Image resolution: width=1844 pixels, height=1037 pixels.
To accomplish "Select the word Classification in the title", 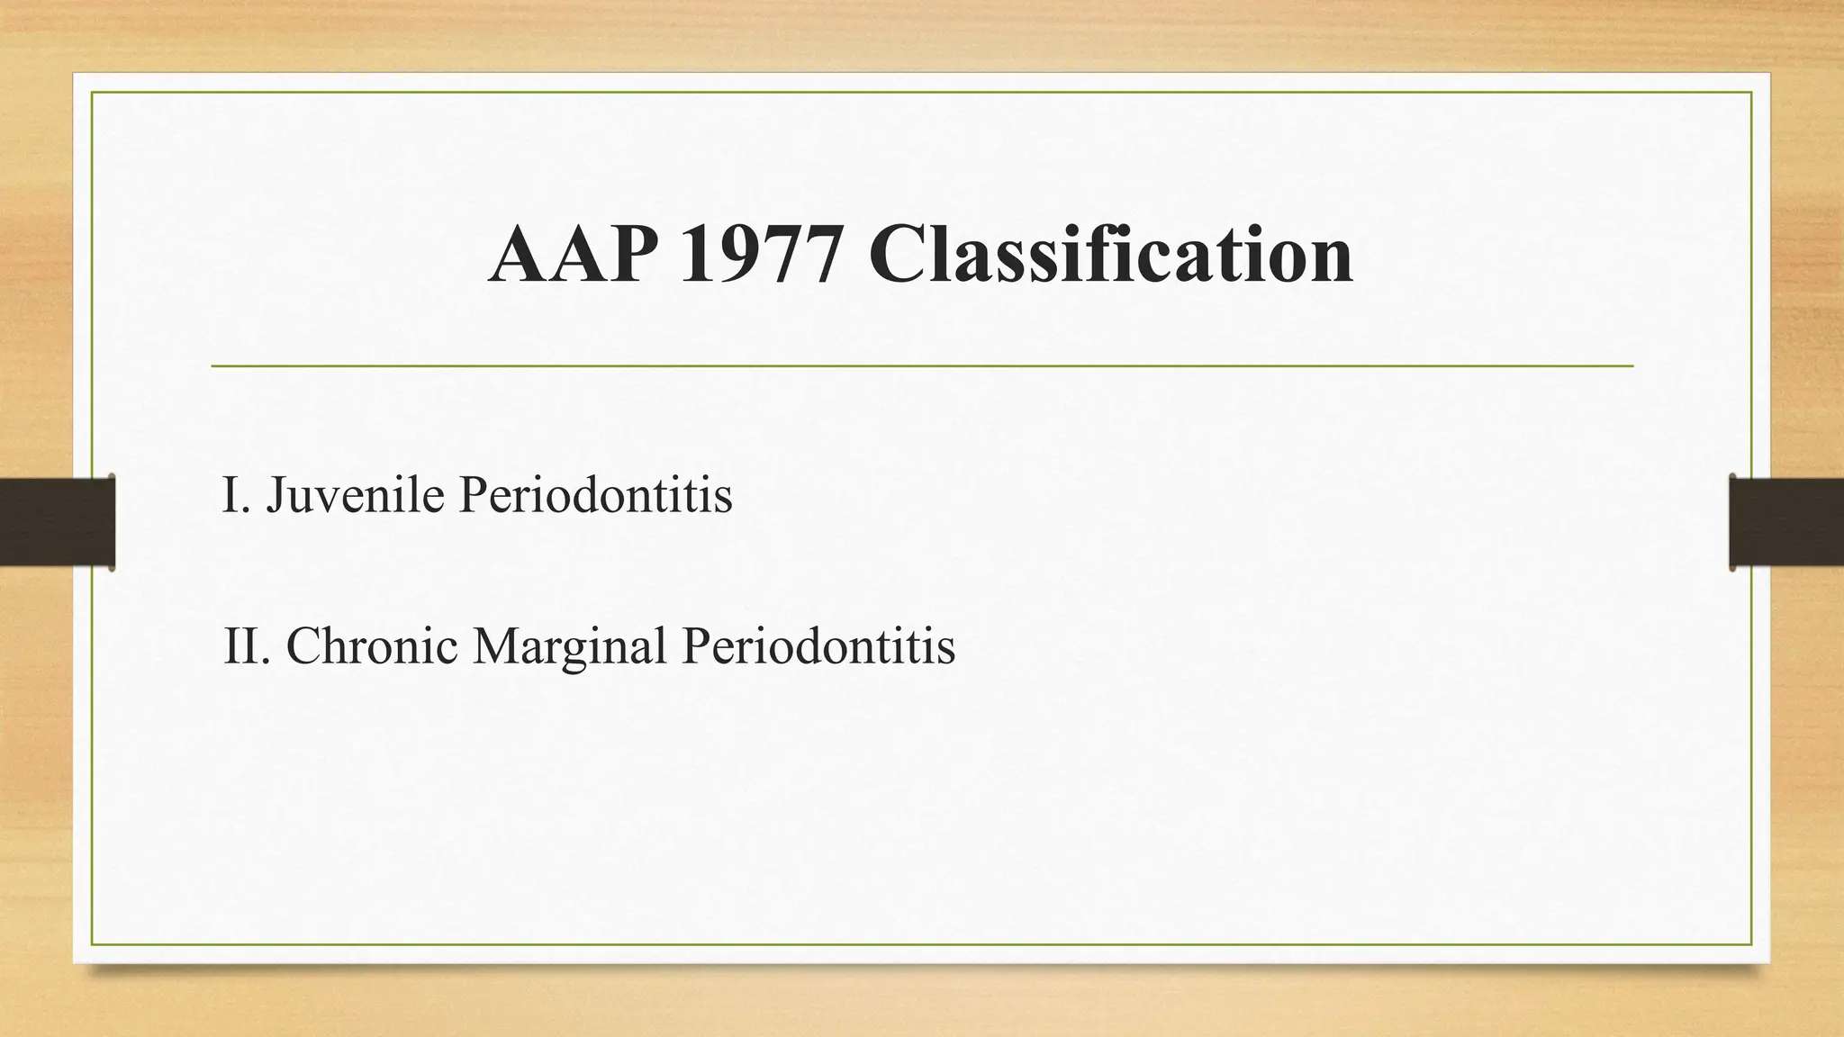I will point(1110,256).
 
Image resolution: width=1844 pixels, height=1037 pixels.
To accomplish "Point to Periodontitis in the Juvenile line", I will point(595,495).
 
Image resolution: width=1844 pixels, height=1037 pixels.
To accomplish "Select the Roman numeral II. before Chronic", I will point(247,646).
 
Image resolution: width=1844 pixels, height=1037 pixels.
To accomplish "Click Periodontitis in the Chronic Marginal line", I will point(818,646).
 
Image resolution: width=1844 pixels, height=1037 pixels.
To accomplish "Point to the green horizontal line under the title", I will point(922,366).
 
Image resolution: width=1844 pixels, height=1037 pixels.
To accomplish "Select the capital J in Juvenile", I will point(276,497).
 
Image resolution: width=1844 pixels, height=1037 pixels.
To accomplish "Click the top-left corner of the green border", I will point(93,93).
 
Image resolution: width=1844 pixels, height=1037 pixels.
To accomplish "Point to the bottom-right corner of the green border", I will point(1751,944).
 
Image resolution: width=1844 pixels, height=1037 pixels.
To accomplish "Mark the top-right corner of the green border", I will point(1751,93).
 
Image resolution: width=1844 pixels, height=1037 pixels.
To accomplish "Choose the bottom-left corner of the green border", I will point(93,944).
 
